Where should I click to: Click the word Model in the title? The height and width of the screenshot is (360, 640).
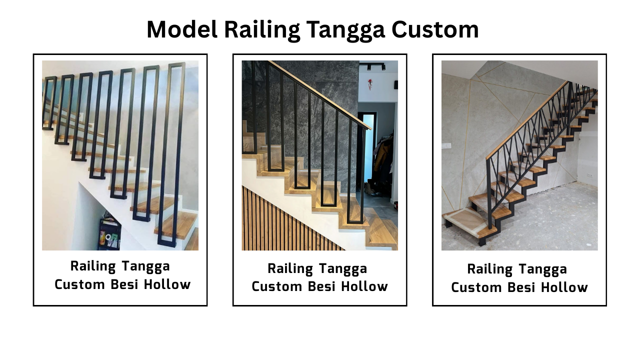pos(182,29)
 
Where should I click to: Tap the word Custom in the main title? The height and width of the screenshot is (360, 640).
pos(435,29)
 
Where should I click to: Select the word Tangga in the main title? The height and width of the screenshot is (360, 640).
pos(345,31)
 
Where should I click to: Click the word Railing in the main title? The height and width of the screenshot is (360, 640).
pos(261,31)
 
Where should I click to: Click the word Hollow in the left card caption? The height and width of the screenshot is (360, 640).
pos(167,284)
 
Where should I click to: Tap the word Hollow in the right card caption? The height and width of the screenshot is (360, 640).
pos(564,287)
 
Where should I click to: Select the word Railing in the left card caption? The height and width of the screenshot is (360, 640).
pos(93,267)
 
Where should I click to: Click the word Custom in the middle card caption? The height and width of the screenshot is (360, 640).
pos(276,286)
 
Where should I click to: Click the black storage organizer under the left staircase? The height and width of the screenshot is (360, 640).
pos(109,233)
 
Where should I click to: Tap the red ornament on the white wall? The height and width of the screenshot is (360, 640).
pos(370,83)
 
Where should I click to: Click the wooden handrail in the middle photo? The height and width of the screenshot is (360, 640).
pos(320,95)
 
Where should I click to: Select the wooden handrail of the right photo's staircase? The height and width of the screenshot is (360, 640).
pos(526,120)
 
